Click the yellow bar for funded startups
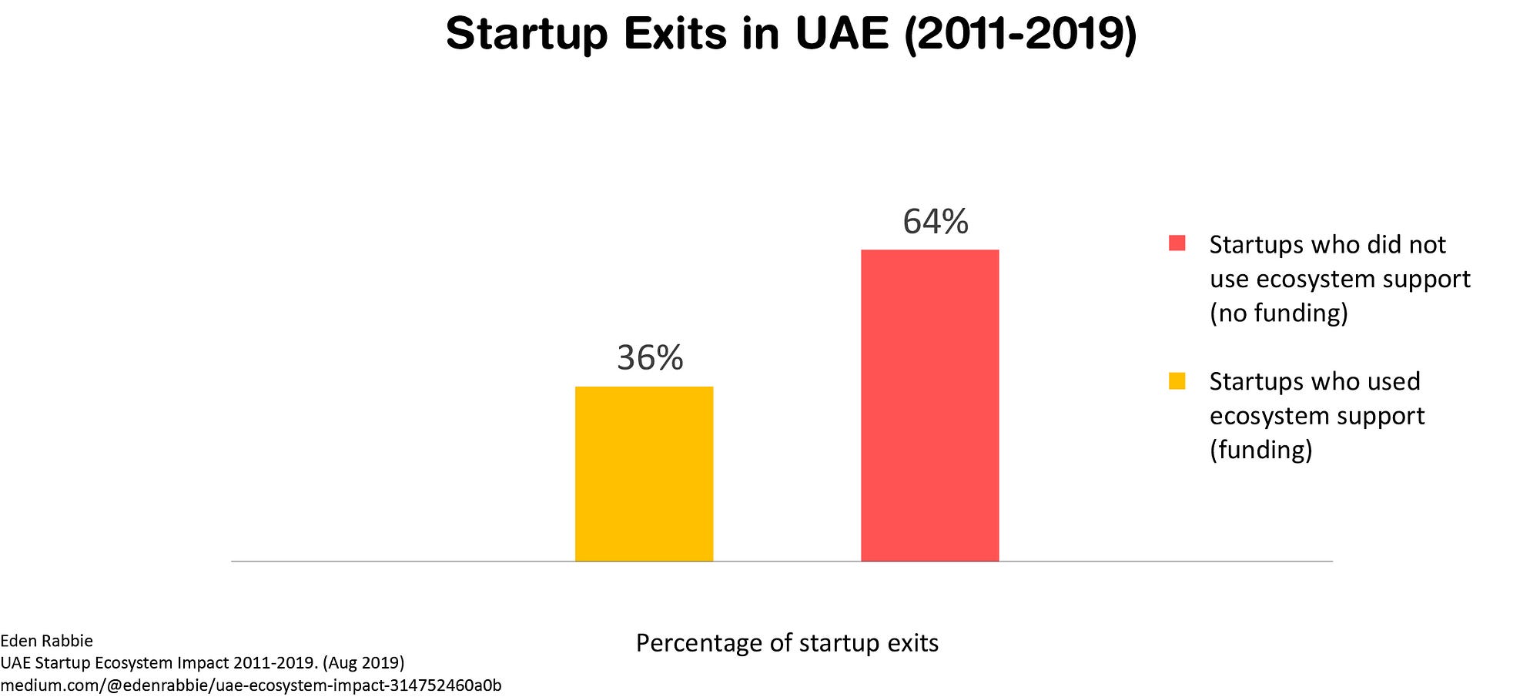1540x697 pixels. pos(644,474)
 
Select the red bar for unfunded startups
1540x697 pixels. pos(929,405)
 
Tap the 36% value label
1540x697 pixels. pos(650,358)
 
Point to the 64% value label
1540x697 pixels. pos(936,222)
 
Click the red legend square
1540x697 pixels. pos(1177,243)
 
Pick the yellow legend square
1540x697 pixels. pos(1177,380)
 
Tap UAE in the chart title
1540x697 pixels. pos(842,34)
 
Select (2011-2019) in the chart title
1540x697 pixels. pos(1020,34)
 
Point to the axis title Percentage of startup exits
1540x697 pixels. pos(787,643)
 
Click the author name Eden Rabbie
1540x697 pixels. pos(46,641)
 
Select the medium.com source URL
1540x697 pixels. pos(250,685)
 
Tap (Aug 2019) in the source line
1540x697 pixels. pos(363,662)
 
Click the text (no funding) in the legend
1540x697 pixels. pos(1278,313)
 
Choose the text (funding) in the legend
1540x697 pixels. pos(1260,450)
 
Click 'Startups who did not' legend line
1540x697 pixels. pos(1327,245)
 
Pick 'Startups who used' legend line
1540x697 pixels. pos(1314,381)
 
